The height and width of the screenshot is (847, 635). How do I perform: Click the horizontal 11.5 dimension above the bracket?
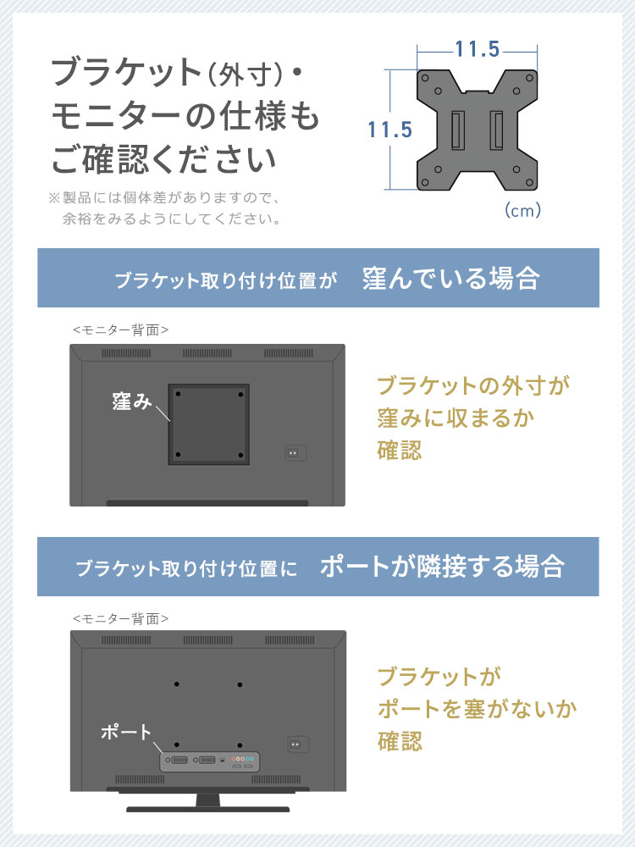click(478, 49)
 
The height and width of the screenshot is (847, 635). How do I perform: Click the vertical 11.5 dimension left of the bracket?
click(389, 130)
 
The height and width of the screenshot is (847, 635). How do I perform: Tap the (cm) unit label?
click(522, 210)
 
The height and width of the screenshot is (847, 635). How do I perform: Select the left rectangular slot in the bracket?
click(457, 130)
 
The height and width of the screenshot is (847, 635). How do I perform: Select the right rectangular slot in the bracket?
click(496, 130)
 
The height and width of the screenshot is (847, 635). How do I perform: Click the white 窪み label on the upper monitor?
click(132, 401)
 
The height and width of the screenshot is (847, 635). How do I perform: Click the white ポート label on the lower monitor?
click(126, 732)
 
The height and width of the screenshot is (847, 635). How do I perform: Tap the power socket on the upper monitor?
click(295, 452)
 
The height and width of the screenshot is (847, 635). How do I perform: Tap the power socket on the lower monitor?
click(298, 744)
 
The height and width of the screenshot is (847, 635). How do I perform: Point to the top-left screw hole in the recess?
click(178, 395)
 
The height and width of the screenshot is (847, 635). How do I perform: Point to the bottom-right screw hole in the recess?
click(240, 456)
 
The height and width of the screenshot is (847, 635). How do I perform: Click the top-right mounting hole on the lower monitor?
click(240, 684)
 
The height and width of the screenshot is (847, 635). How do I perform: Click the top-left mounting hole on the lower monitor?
click(177, 684)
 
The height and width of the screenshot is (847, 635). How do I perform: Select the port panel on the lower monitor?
click(210, 761)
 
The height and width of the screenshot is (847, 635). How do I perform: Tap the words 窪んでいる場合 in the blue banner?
click(451, 278)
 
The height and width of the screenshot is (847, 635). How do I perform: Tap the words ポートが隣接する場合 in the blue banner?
click(442, 567)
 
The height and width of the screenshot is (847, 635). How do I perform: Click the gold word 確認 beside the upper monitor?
click(399, 450)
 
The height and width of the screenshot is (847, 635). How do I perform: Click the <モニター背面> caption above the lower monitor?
click(120, 618)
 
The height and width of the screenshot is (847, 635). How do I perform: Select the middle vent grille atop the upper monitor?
click(207, 353)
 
